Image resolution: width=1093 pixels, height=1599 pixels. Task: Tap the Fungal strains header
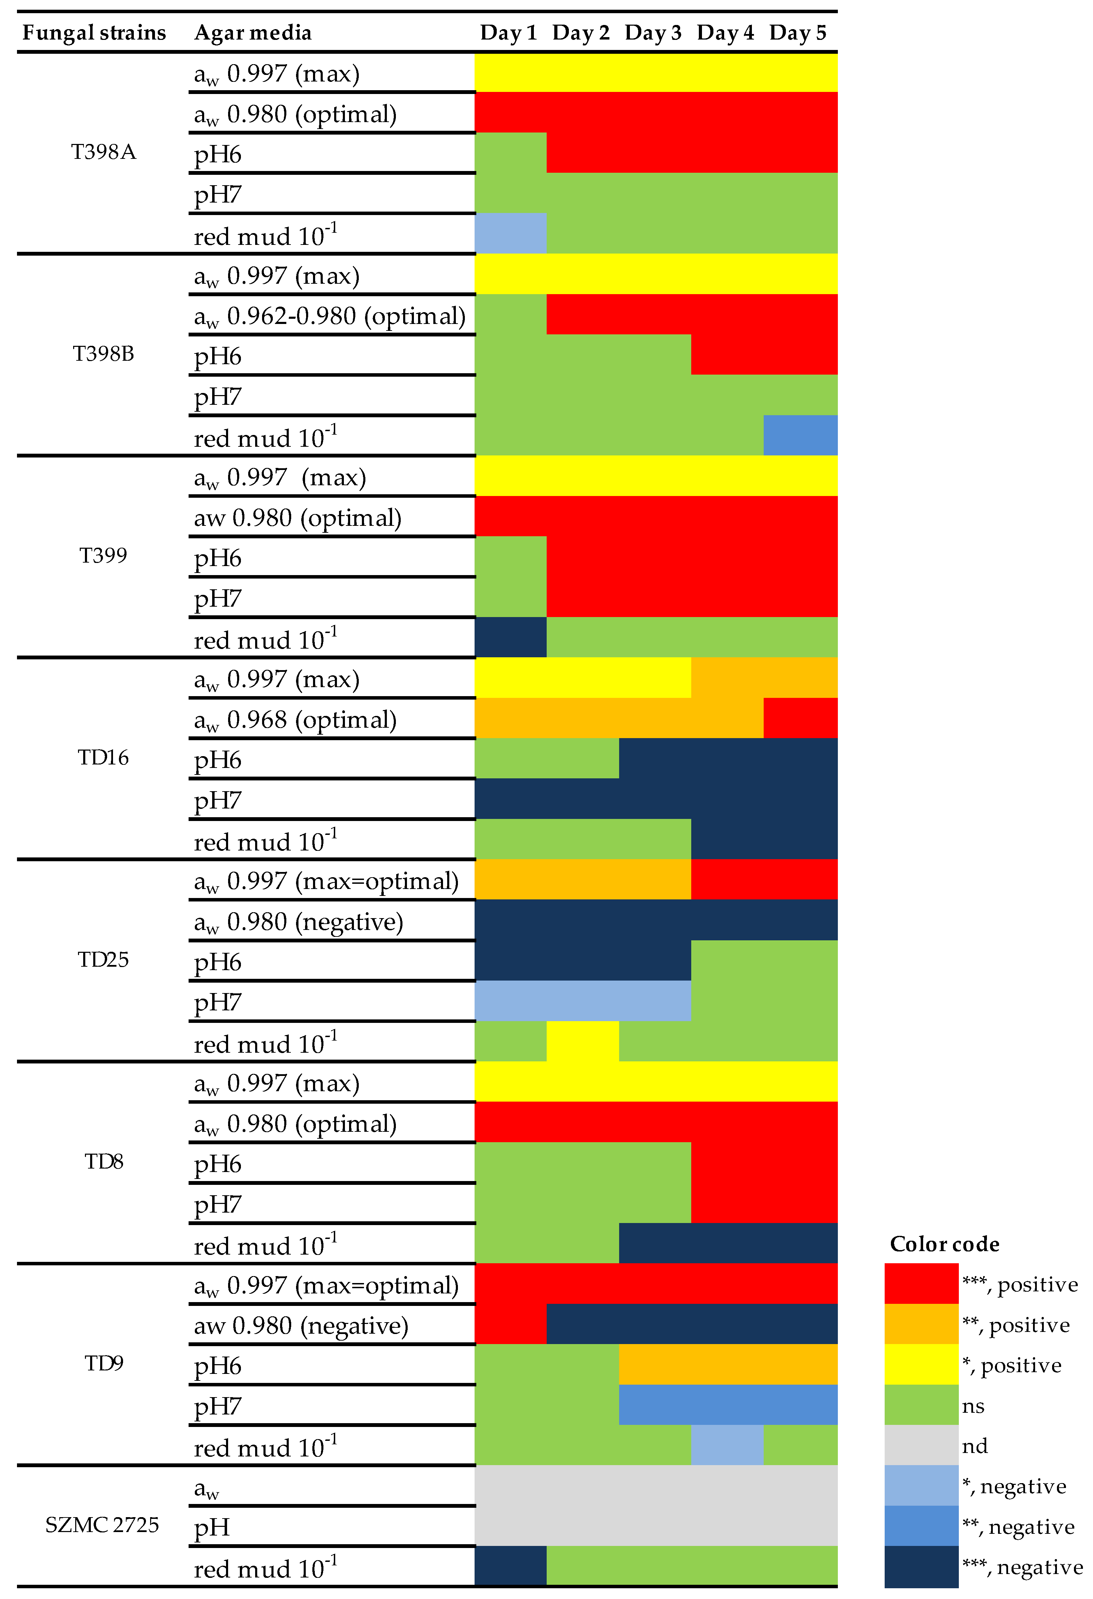[x=94, y=32]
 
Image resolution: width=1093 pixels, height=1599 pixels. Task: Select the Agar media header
[x=252, y=32]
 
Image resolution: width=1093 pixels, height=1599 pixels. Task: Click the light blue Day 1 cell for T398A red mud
[x=510, y=233]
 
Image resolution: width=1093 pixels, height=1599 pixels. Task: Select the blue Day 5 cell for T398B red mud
[x=800, y=435]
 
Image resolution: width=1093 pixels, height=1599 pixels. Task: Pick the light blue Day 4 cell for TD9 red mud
[x=727, y=1445]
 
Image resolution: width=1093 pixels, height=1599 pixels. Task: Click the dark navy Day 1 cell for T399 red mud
[x=510, y=637]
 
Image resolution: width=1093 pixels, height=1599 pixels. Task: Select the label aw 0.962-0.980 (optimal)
[x=329, y=316]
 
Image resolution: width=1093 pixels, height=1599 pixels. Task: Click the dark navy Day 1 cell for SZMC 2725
[x=510, y=1566]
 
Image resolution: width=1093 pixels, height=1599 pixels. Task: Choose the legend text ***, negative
[x=1022, y=1567]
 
